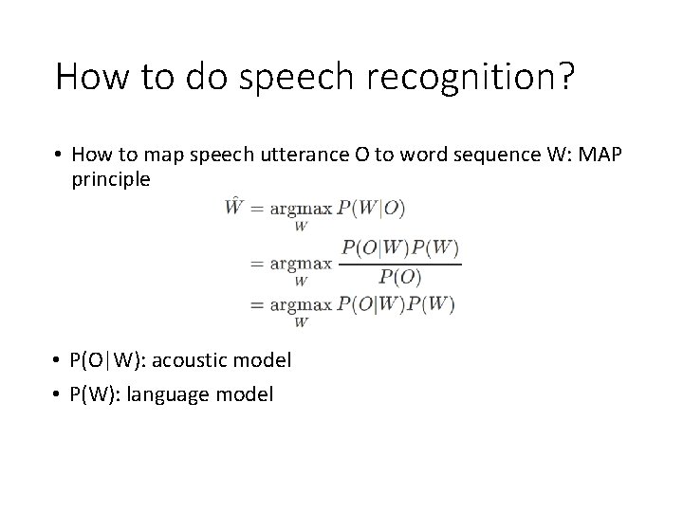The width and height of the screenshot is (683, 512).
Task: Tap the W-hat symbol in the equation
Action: (233, 207)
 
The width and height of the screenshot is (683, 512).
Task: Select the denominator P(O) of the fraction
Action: (400, 277)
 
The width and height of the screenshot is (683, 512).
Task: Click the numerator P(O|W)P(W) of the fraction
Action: (400, 248)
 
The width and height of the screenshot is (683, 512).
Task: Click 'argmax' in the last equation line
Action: (300, 305)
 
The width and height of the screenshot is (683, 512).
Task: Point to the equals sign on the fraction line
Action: (255, 264)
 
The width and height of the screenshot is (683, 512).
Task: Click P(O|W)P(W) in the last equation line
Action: (398, 304)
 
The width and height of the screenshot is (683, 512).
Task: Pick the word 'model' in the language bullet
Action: (244, 393)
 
